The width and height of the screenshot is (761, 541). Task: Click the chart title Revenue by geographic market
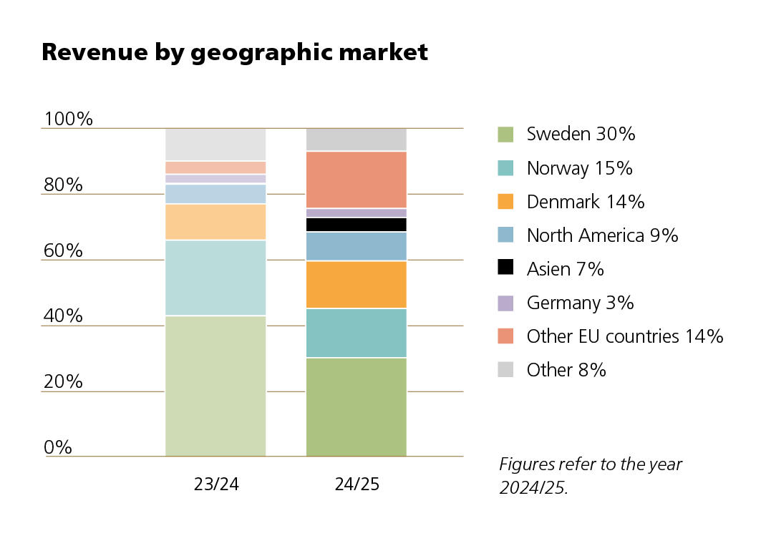pyautogui.click(x=235, y=52)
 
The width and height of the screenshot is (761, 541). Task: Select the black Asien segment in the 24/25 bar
pyautogui.click(x=356, y=225)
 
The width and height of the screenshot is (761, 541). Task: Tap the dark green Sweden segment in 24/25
pyautogui.click(x=356, y=406)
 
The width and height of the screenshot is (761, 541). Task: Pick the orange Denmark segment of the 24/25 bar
pyautogui.click(x=356, y=284)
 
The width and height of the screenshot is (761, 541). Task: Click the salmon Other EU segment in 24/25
pyautogui.click(x=356, y=180)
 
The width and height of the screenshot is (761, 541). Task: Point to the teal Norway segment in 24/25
pyautogui.click(x=356, y=333)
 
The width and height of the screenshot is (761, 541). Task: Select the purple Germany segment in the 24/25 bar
pyautogui.click(x=356, y=213)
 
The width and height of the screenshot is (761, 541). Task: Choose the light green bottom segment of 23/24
pyautogui.click(x=215, y=386)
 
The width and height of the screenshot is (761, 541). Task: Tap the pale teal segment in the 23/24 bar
pyautogui.click(x=215, y=278)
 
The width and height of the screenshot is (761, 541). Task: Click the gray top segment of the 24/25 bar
pyautogui.click(x=356, y=140)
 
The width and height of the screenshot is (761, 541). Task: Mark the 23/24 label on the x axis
pyautogui.click(x=216, y=484)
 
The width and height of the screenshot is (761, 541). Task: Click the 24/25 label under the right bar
pyautogui.click(x=357, y=484)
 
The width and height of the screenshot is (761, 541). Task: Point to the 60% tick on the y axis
pyautogui.click(x=63, y=251)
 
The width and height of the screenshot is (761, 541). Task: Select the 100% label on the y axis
pyautogui.click(x=69, y=120)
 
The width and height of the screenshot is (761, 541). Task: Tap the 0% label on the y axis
pyautogui.click(x=58, y=448)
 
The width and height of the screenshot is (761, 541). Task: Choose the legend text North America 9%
pyautogui.click(x=602, y=235)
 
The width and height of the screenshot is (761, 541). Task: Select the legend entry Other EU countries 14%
pyautogui.click(x=624, y=336)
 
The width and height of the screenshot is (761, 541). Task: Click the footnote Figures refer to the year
pyautogui.click(x=591, y=464)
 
